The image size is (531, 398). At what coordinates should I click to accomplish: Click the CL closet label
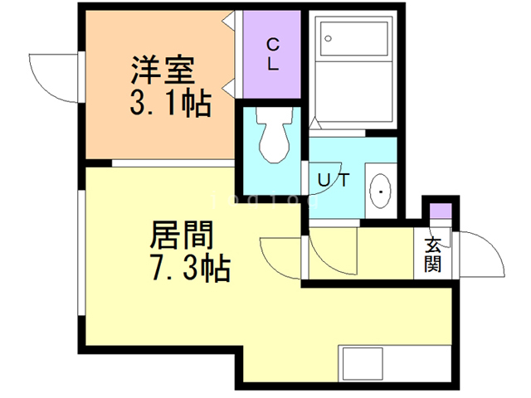[271, 55]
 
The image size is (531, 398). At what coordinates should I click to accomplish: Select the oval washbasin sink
[381, 192]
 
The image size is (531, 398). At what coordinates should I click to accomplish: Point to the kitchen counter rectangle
[361, 365]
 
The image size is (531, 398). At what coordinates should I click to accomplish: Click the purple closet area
[271, 55]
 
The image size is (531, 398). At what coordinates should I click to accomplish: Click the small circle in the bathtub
[329, 38]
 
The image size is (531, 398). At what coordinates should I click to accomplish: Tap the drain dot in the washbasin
[381, 192]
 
